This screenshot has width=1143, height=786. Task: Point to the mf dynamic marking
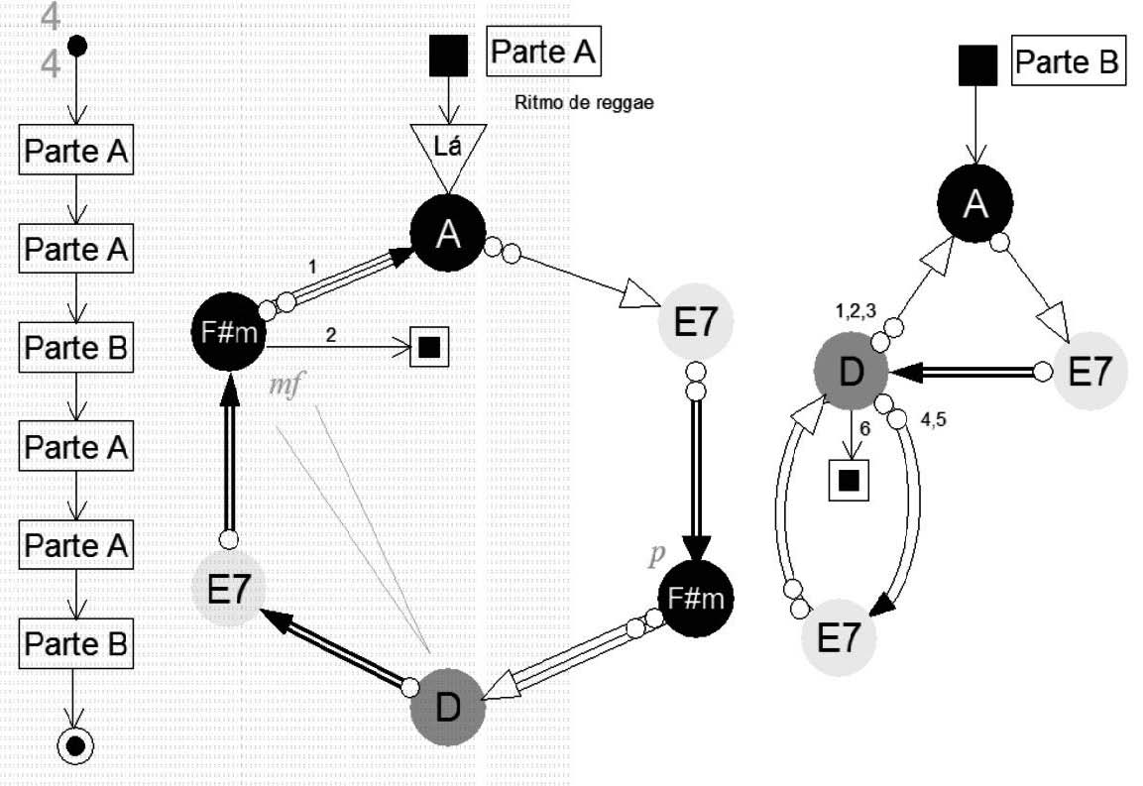(x=286, y=384)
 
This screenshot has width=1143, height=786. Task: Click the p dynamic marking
(x=655, y=555)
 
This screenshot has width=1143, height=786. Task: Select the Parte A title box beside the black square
(x=544, y=53)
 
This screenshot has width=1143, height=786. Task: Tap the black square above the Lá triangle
(x=448, y=56)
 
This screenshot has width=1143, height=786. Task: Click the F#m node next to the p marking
(x=697, y=598)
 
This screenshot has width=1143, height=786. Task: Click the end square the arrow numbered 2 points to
(x=428, y=347)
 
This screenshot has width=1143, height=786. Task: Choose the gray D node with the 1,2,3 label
(x=851, y=372)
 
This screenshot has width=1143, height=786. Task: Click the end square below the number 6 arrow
(x=848, y=481)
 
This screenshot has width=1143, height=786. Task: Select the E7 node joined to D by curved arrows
(x=839, y=636)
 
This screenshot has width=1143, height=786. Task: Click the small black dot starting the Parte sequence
(x=76, y=46)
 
